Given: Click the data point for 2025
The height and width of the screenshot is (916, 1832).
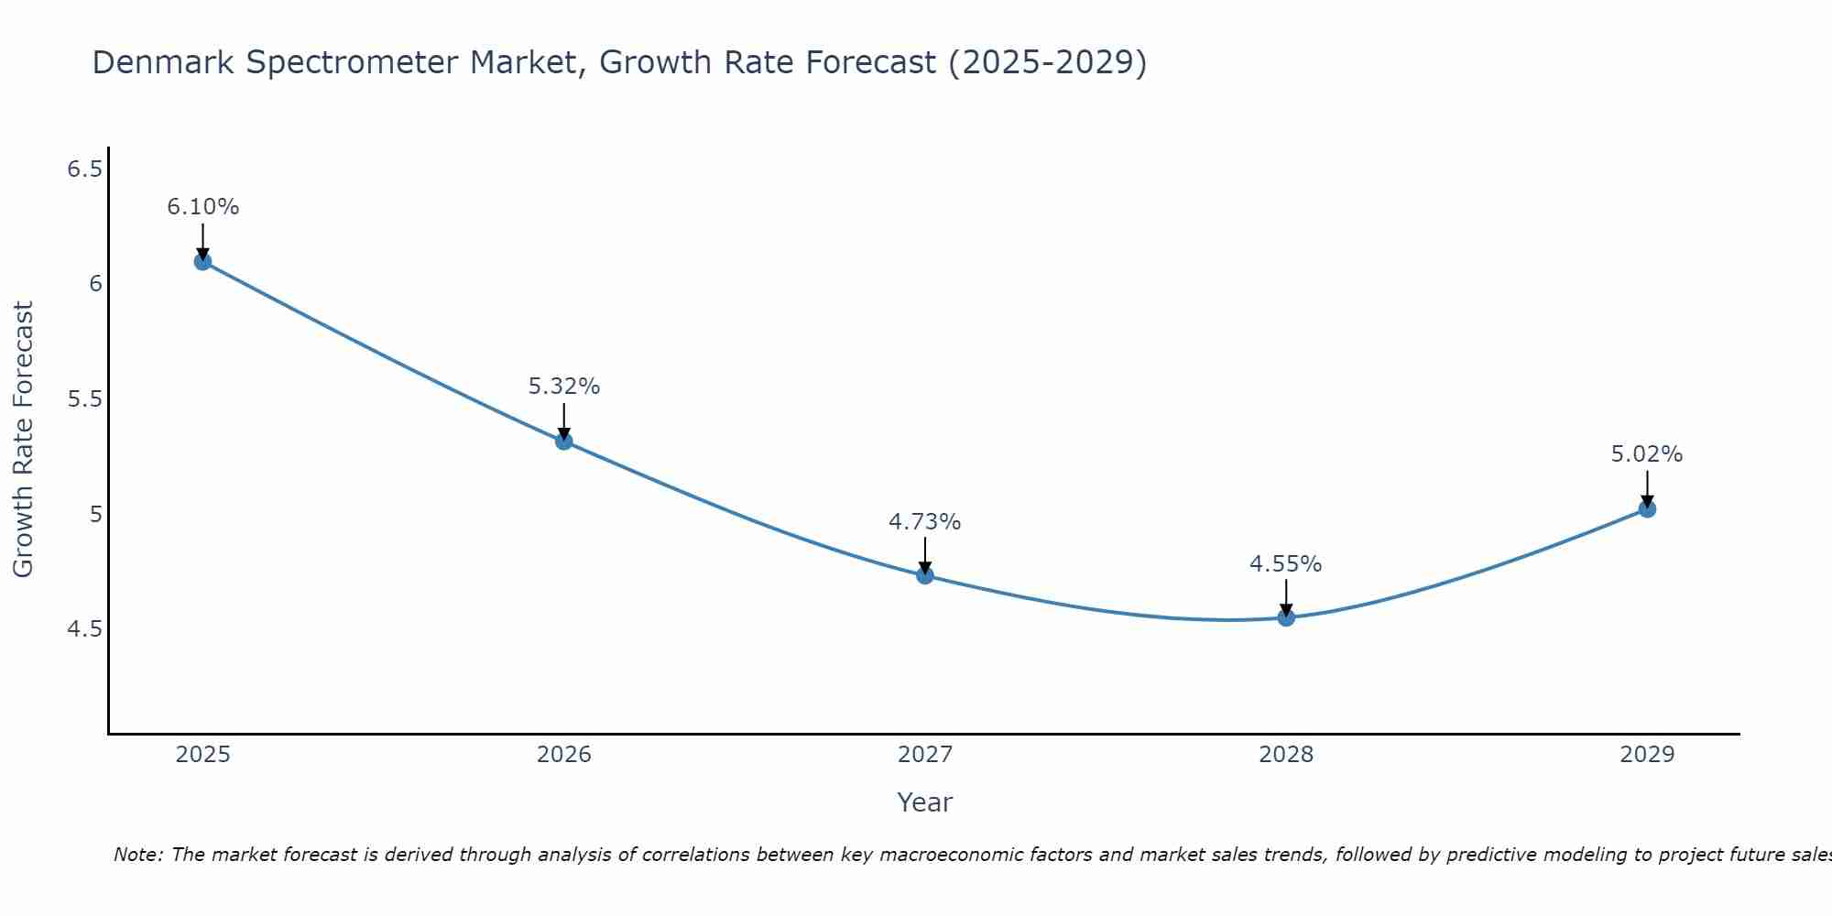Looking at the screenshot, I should tap(202, 261).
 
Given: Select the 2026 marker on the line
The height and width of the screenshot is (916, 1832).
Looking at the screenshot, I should tap(564, 441).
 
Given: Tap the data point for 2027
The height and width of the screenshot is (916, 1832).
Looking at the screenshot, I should tap(925, 575).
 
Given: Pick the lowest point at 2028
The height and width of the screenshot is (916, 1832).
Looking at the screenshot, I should tap(1286, 617).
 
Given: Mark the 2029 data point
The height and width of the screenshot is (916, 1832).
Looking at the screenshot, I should tap(1647, 508).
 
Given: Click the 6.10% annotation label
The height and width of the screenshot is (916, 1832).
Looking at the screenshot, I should tap(202, 207).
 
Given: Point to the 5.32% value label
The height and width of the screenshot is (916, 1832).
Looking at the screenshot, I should tap(564, 387).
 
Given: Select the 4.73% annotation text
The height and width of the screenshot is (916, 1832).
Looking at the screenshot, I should tap(925, 522).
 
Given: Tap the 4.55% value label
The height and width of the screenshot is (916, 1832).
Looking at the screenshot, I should tap(1286, 564).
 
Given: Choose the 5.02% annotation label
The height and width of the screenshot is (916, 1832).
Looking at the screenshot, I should tap(1647, 454).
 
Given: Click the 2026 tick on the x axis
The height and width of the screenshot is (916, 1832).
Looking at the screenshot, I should tap(564, 755).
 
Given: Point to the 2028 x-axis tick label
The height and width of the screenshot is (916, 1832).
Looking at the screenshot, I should tap(1286, 755).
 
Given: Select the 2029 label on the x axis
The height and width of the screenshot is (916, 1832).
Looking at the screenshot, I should tap(1647, 755).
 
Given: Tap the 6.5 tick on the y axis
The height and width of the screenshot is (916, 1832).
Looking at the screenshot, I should tap(85, 169).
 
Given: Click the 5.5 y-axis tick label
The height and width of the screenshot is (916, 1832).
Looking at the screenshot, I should tap(85, 399).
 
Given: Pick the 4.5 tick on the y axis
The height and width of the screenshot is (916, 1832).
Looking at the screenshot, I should tap(85, 629).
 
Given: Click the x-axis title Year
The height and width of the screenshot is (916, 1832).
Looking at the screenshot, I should tap(925, 802).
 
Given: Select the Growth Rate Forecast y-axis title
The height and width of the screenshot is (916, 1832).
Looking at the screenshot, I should tap(23, 440).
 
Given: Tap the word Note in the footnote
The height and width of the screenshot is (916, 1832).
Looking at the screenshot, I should tap(137, 855).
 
